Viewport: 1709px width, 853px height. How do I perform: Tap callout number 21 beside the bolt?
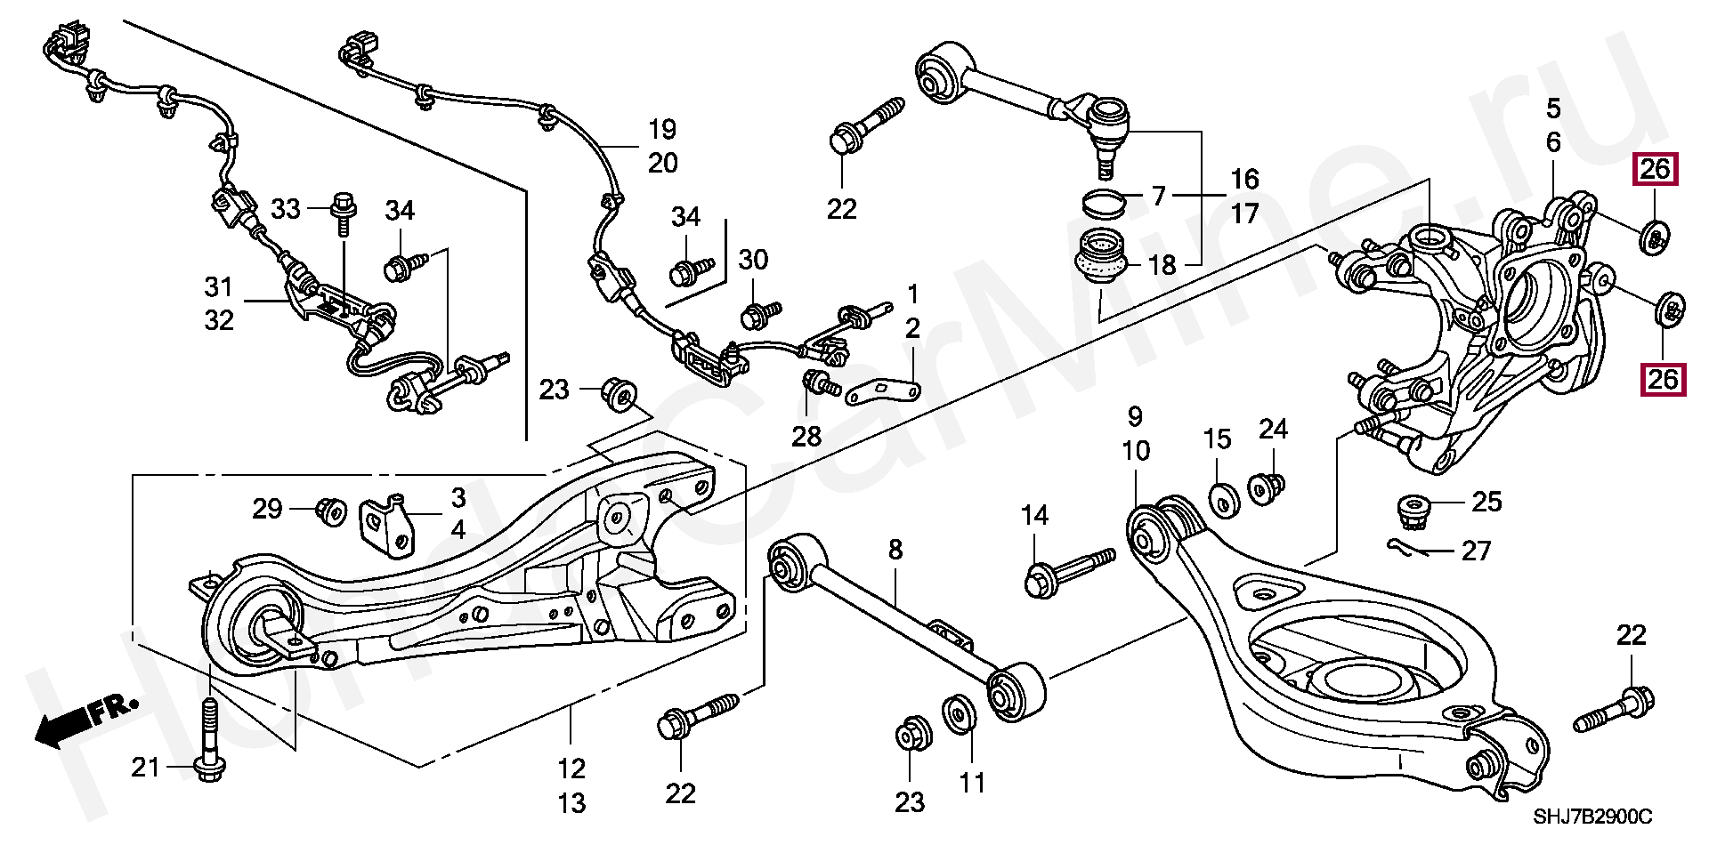145,766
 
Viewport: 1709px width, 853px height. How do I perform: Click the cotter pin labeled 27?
1408,547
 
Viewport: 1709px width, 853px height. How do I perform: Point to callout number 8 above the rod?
895,550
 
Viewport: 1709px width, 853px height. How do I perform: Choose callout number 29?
267,509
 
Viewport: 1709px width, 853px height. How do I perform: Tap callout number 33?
286,210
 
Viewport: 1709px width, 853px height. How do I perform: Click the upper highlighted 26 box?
1655,169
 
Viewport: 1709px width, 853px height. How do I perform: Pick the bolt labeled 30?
759,311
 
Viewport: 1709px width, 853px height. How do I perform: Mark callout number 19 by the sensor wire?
662,130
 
